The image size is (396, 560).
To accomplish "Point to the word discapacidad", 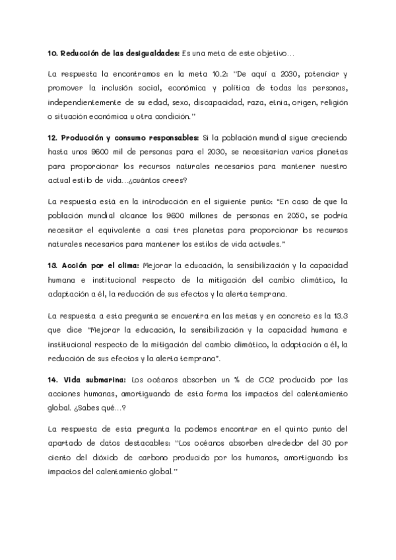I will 215,103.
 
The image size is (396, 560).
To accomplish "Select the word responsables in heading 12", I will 169,137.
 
